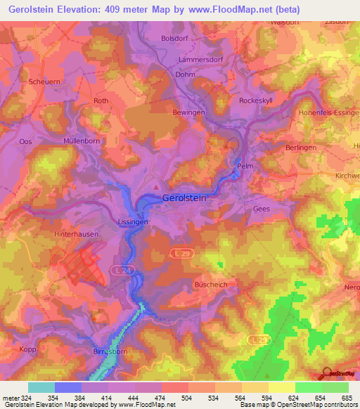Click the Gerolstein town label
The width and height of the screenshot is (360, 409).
point(184,198)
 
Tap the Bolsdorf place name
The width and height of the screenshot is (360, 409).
point(175,39)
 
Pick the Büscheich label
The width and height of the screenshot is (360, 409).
point(208,285)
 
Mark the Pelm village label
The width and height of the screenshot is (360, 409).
point(245,167)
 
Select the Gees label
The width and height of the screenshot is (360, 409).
point(261,209)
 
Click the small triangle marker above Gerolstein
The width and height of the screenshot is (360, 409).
point(156,187)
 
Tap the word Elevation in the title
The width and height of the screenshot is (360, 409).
point(89,10)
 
